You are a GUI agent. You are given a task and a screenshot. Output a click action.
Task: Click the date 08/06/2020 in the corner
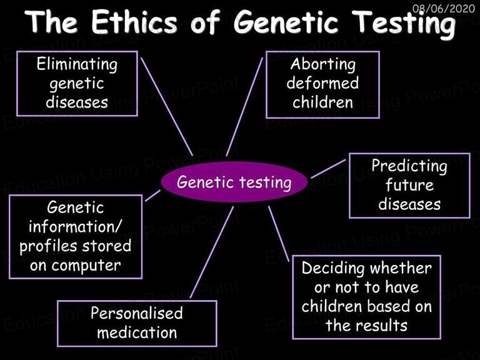click(x=444, y=8)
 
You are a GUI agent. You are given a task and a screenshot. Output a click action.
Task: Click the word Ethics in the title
click(x=135, y=22)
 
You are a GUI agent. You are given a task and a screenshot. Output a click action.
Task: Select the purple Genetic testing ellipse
click(x=234, y=182)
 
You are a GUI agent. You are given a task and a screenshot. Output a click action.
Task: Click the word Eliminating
click(x=77, y=64)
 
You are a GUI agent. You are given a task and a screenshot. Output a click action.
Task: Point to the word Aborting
click(x=323, y=64)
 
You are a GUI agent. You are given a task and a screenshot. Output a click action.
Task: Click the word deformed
click(x=322, y=83)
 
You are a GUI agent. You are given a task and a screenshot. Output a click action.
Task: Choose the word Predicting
click(x=409, y=166)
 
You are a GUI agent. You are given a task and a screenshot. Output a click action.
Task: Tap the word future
click(x=409, y=185)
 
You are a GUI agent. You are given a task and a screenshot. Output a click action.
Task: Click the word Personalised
click(x=136, y=313)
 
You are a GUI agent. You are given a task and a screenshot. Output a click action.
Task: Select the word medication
click(x=137, y=332)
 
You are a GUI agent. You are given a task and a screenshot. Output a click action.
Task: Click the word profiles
click(x=48, y=246)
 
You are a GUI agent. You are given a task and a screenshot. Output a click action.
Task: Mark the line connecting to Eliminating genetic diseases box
click(x=167, y=107)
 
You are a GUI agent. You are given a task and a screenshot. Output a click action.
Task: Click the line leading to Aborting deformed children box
click(x=244, y=107)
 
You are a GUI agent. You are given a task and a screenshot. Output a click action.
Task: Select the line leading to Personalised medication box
click(x=212, y=252)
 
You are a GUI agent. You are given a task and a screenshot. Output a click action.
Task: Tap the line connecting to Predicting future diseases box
click(x=328, y=169)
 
